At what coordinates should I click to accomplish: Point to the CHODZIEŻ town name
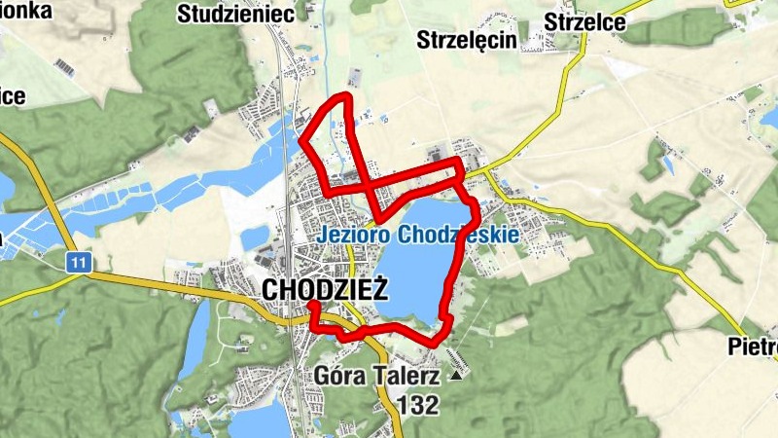point(326,289)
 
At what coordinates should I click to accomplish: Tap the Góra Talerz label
point(378,376)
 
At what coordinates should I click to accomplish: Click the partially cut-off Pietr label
point(755,347)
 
